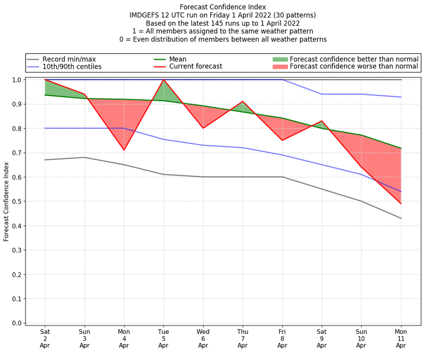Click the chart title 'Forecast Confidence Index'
[223, 6]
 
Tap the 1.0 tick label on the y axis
[16, 80]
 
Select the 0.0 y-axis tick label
[16, 323]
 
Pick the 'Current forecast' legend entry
[195, 67]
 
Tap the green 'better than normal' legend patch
[280, 59]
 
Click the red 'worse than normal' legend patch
[280, 67]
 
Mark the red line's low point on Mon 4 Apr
[124, 150]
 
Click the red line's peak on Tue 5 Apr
[163, 80]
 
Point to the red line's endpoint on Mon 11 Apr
[401, 203]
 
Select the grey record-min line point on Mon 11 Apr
[401, 218]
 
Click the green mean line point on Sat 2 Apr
[45, 95]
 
